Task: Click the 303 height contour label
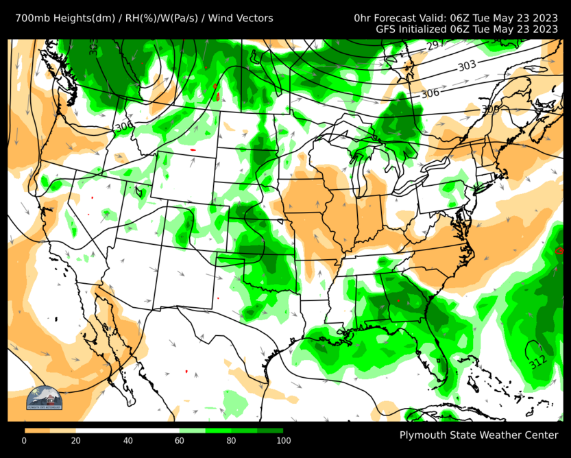click(x=467, y=66)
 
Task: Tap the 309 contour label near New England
click(x=490, y=109)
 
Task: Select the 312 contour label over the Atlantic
click(x=538, y=359)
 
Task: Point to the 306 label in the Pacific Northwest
click(x=124, y=127)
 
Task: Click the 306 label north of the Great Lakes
click(x=430, y=93)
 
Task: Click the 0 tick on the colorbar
click(x=25, y=440)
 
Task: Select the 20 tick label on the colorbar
click(x=76, y=440)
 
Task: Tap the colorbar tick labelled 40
click(x=127, y=440)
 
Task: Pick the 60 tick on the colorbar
click(x=179, y=440)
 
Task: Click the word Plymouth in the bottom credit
click(x=423, y=435)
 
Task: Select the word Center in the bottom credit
click(x=541, y=435)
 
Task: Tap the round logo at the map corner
click(x=44, y=398)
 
